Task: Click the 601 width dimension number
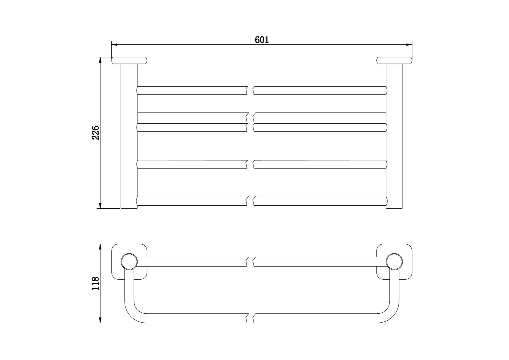[261, 40]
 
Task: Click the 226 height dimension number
[95, 133]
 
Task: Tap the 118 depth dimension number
[95, 283]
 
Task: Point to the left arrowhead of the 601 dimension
[114, 44]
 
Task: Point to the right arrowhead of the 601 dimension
[409, 44]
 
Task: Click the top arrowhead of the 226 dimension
[100, 60]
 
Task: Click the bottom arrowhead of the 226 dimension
[100, 206]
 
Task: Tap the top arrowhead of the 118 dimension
[100, 247]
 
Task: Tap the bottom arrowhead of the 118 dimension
[100, 320]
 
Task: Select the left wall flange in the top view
[129, 60]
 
